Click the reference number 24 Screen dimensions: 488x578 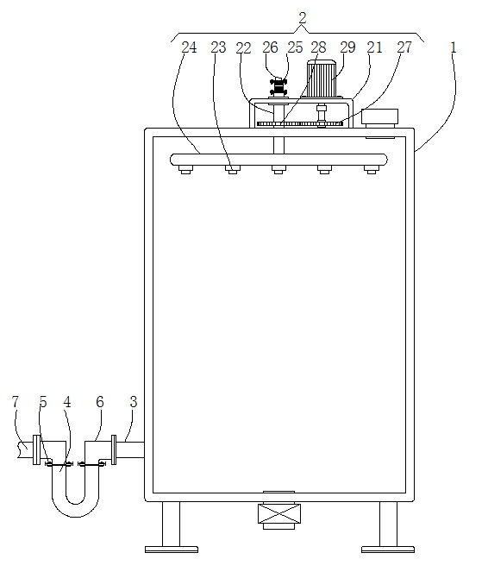(x=189, y=47)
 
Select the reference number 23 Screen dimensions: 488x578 (x=218, y=47)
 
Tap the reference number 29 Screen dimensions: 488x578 (x=347, y=47)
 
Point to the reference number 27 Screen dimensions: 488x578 (x=404, y=47)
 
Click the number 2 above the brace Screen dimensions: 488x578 (x=303, y=18)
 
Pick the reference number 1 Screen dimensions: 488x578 (x=454, y=47)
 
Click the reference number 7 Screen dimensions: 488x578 (x=16, y=402)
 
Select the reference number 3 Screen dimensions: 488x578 (x=134, y=402)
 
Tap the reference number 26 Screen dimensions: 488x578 (x=270, y=47)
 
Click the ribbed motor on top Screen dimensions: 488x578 (x=322, y=79)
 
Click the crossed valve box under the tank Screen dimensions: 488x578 (x=279, y=513)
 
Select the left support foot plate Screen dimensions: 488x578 (x=172, y=550)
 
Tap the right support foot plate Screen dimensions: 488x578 (x=388, y=550)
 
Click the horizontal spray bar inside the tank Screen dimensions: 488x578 (x=278, y=160)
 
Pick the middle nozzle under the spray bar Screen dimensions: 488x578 (x=278, y=170)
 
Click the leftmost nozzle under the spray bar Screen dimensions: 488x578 (x=185, y=170)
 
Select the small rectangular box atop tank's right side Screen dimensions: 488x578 (x=379, y=116)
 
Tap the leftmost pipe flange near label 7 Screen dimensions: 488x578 (x=36, y=449)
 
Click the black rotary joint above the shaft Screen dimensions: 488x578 (x=278, y=86)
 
